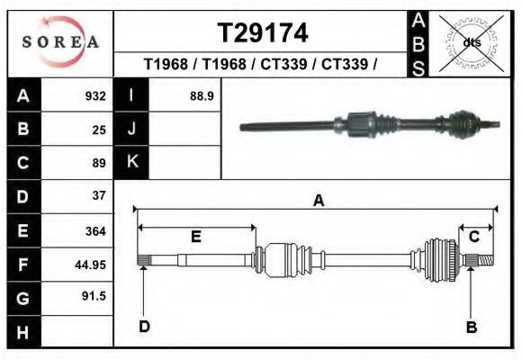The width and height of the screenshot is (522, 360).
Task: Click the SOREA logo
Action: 59,42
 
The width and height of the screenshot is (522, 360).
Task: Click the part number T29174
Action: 263,33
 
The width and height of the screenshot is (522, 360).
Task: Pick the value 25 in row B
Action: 99,130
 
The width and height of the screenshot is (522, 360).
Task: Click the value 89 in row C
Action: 99,163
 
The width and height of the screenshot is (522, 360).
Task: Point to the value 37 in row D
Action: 99,195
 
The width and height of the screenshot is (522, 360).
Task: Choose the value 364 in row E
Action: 95,231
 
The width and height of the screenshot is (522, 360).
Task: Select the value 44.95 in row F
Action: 90,265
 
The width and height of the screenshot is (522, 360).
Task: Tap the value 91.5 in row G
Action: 94,296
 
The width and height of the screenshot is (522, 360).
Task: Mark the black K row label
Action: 132,162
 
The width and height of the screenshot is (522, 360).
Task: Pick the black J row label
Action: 132,129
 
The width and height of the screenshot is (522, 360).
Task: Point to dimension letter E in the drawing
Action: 195,237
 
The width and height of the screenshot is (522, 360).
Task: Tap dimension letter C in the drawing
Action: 473,237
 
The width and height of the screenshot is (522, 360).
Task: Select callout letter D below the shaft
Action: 144,327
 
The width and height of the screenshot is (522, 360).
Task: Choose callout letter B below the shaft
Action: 471,327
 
